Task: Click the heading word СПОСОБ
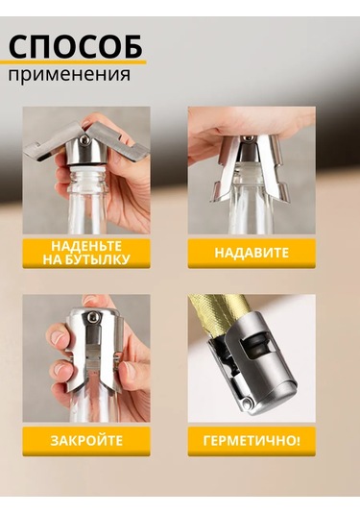pyautogui.click(x=76, y=45)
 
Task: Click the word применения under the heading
pyautogui.click(x=72, y=74)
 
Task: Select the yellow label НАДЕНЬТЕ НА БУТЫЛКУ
pyautogui.click(x=86, y=253)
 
